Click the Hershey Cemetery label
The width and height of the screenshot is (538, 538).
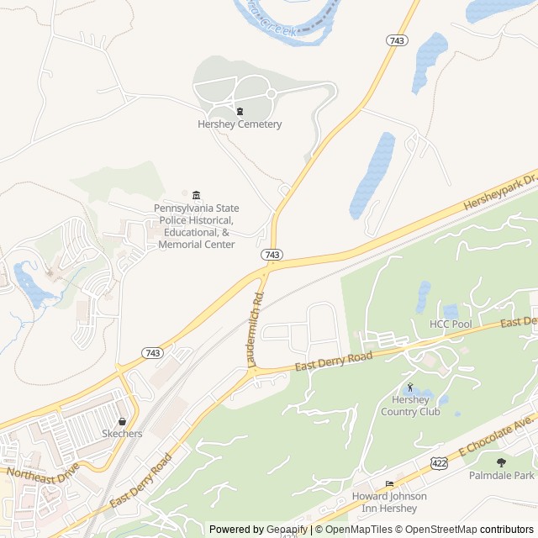[240, 124]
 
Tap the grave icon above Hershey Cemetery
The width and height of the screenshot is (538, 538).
[240, 111]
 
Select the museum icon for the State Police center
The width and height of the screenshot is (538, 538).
[196, 195]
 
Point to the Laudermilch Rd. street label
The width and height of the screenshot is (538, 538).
[256, 328]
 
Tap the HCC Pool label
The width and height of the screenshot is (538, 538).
[451, 324]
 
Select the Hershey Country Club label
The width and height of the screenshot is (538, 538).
[410, 406]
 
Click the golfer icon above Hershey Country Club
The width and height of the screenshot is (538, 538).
[410, 388]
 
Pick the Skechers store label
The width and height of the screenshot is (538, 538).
[122, 434]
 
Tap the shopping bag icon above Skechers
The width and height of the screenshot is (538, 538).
[123, 421]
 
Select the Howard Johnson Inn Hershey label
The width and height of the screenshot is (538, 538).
[389, 502]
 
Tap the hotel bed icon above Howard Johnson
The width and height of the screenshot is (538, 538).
[388, 484]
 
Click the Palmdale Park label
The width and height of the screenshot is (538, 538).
[502, 476]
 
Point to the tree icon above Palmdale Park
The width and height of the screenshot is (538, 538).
[502, 462]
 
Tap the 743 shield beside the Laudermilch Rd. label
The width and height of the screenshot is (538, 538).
[271, 255]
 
